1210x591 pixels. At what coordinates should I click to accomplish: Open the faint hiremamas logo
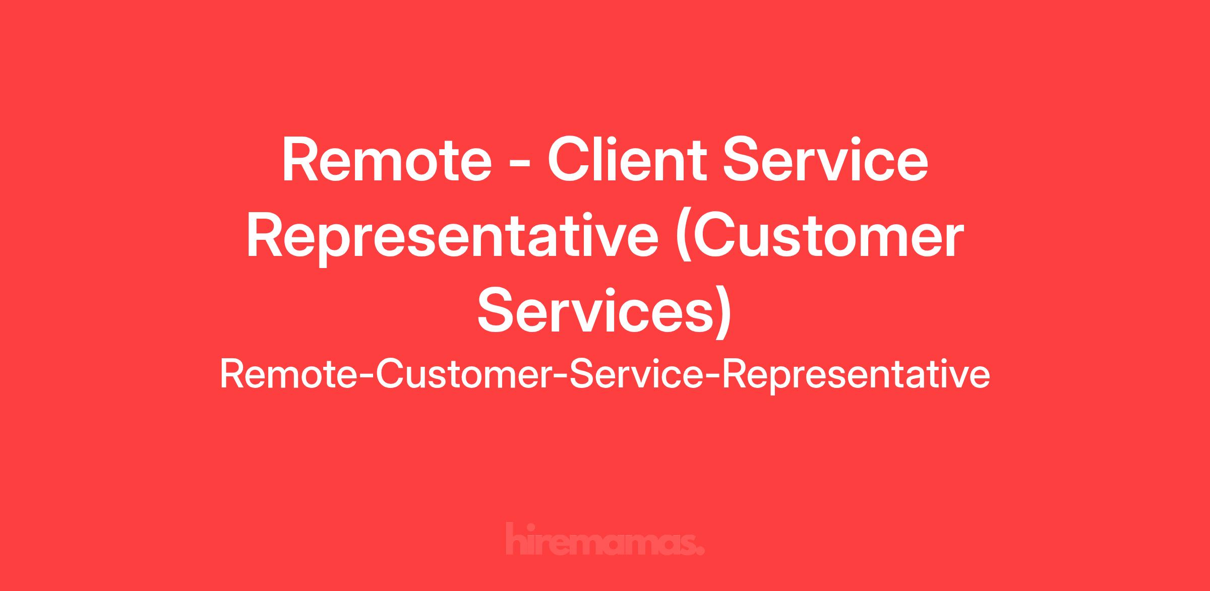click(x=605, y=540)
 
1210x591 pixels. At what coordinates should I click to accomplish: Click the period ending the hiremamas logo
click(x=699, y=550)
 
